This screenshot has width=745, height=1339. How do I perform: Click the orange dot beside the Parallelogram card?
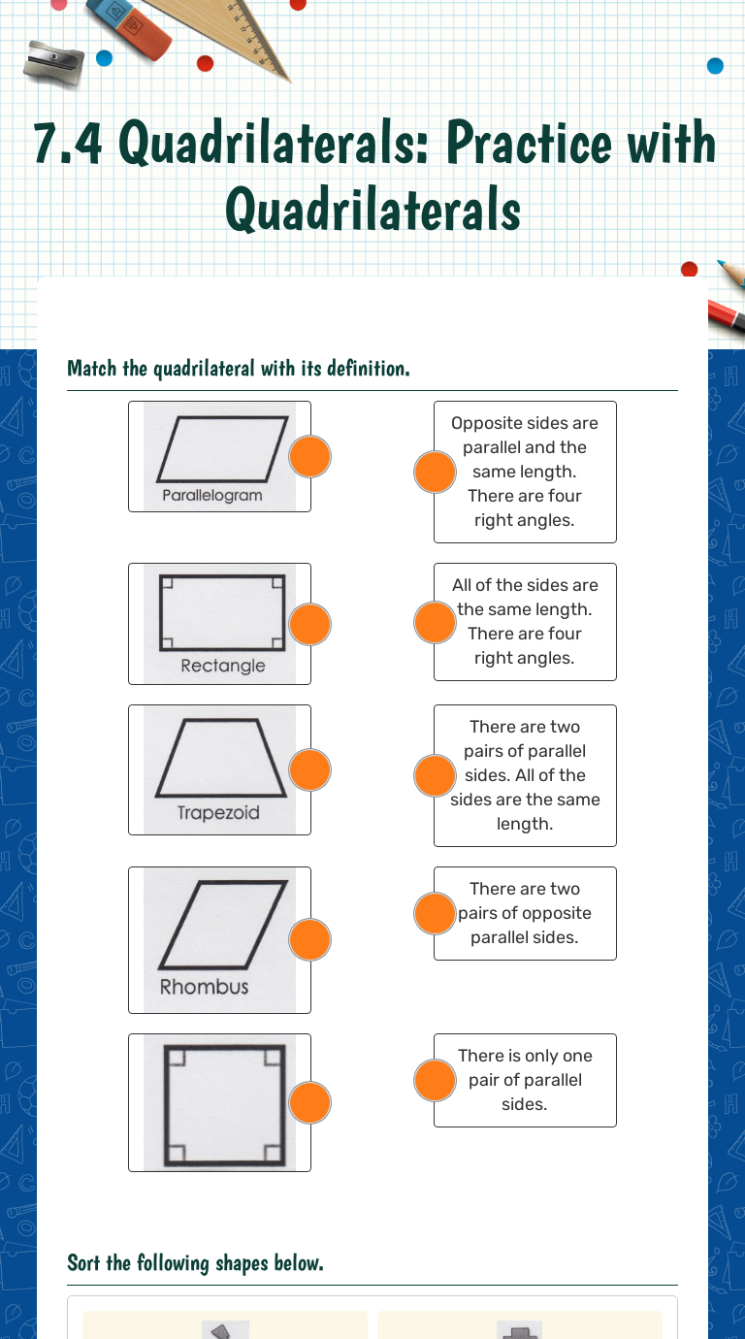pyautogui.click(x=310, y=456)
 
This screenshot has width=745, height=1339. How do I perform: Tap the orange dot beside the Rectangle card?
pyautogui.click(x=310, y=624)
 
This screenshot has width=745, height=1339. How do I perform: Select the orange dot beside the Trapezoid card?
pyautogui.click(x=310, y=769)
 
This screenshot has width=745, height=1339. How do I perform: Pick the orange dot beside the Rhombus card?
pyautogui.click(x=310, y=939)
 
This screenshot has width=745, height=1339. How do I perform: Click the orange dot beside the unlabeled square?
pyautogui.click(x=310, y=1102)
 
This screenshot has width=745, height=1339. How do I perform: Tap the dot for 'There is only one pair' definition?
pyautogui.click(x=435, y=1080)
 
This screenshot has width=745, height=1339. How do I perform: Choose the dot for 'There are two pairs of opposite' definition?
pyautogui.click(x=435, y=913)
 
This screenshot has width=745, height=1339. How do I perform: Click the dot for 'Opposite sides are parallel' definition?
pyautogui.click(x=435, y=472)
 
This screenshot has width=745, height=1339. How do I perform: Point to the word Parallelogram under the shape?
pyautogui.click(x=211, y=495)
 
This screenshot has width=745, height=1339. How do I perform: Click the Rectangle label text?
pyautogui.click(x=222, y=666)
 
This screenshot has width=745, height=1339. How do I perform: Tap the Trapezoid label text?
pyautogui.click(x=218, y=812)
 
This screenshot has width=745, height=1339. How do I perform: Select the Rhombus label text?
pyautogui.click(x=204, y=987)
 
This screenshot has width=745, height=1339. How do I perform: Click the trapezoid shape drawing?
pyautogui.click(x=220, y=759)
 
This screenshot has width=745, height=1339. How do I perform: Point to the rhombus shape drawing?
pyautogui.click(x=223, y=925)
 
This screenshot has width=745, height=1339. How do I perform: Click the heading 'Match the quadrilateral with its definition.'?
pyautogui.click(x=238, y=369)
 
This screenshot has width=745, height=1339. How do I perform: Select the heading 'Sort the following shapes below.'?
pyautogui.click(x=195, y=1262)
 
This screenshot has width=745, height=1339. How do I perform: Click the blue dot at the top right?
pyautogui.click(x=715, y=66)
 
